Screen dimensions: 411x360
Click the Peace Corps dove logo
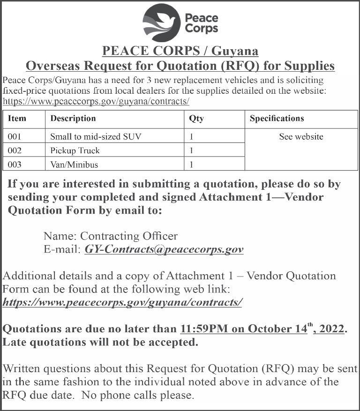(x=162, y=22)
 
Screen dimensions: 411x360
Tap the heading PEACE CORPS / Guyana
(x=180, y=51)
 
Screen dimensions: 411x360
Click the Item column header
(x=17, y=119)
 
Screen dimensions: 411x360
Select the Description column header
(x=73, y=119)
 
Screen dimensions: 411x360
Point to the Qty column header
(x=196, y=119)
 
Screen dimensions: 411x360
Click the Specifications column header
(x=277, y=119)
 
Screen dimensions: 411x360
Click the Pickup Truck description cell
(x=75, y=151)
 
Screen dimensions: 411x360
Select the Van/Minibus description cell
(x=74, y=164)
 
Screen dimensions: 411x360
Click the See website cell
(x=301, y=137)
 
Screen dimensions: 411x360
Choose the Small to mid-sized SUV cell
(x=96, y=137)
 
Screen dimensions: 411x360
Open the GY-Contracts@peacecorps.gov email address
(x=164, y=249)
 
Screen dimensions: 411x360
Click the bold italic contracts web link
(x=122, y=302)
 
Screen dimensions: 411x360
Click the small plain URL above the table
(x=96, y=101)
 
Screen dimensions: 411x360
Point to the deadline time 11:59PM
(x=204, y=329)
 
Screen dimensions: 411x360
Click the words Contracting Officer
(x=129, y=236)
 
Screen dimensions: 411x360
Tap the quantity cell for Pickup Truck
(x=192, y=151)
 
